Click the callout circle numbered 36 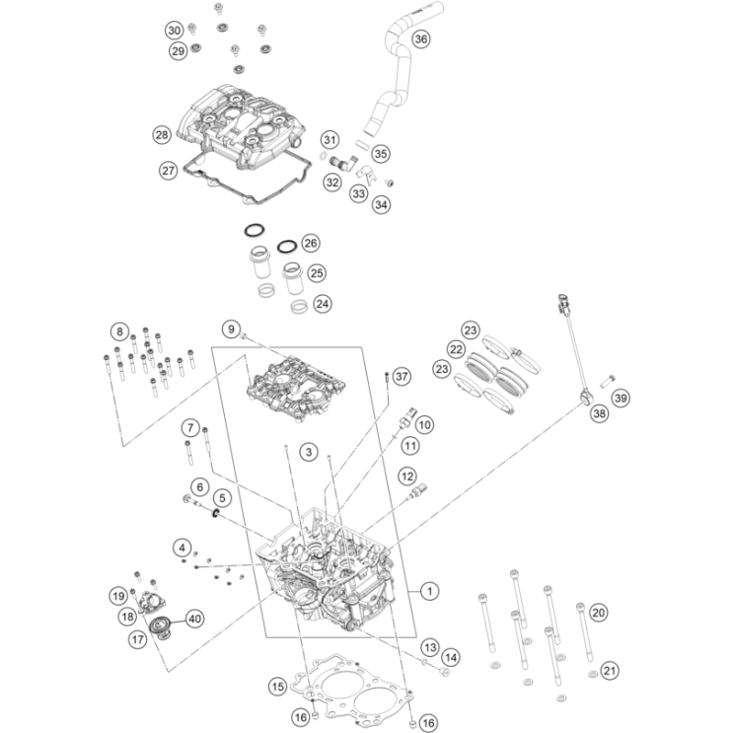point(420,39)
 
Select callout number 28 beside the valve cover point(162,134)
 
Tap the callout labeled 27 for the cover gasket point(168,170)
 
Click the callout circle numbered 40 point(193,619)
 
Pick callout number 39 point(620,398)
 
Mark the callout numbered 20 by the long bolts point(598,612)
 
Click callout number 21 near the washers point(610,671)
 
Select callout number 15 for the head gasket point(277,684)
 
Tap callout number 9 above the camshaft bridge point(230,329)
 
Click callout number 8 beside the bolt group point(118,330)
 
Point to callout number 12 point(405,476)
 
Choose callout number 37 point(400,377)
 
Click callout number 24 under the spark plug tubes point(323,304)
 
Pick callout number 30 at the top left point(174,30)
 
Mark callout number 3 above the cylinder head point(309,452)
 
